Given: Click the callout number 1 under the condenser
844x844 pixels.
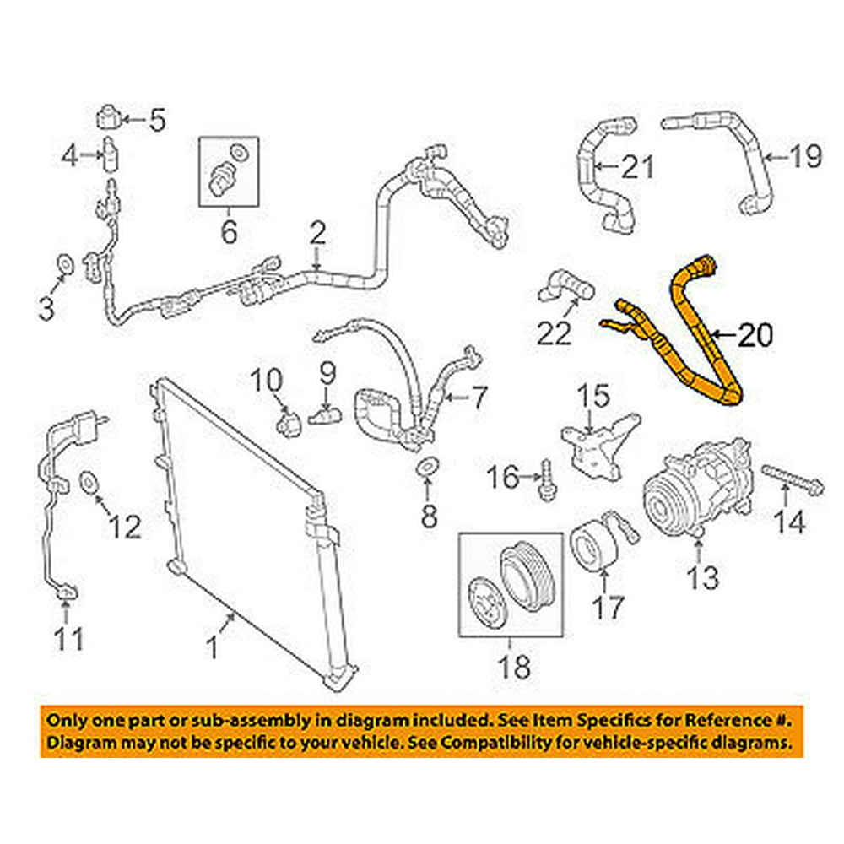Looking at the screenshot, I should [x=214, y=648].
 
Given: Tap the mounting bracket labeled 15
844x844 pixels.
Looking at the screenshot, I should [x=598, y=443].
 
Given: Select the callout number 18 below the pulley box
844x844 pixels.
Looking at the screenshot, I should [x=515, y=667].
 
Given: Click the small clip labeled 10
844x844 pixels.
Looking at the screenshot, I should [x=289, y=419].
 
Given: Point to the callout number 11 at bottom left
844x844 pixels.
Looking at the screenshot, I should [x=69, y=639].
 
